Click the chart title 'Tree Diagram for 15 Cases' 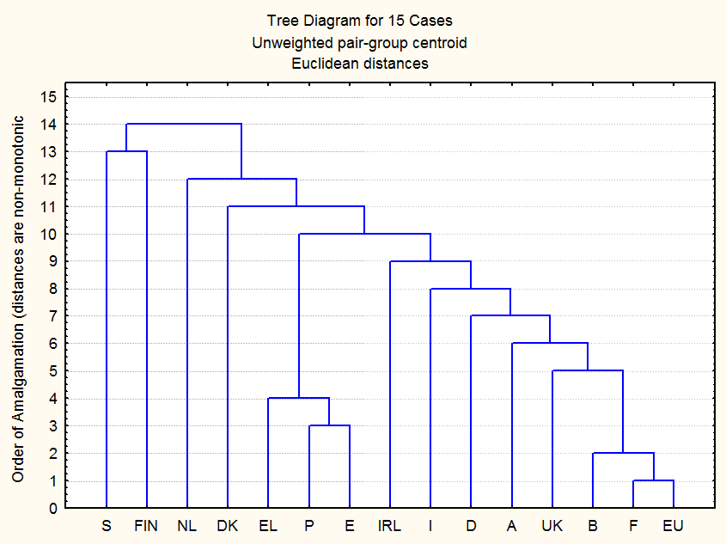[360, 21]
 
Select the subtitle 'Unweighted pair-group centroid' [360, 42]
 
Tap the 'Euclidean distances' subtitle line [360, 63]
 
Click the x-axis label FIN [147, 526]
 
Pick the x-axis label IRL [390, 526]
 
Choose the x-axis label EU [674, 526]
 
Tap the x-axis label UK [552, 526]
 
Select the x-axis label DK [228, 526]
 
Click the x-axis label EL [268, 526]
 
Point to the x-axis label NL [187, 526]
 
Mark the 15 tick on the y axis [49, 97]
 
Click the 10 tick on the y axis [49, 234]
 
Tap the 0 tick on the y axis [52, 508]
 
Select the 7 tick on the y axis [52, 316]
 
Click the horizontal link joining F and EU [653, 480]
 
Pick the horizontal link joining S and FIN [126, 151]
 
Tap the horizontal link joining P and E [329, 425]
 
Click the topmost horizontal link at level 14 [184, 124]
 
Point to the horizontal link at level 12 [241, 179]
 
